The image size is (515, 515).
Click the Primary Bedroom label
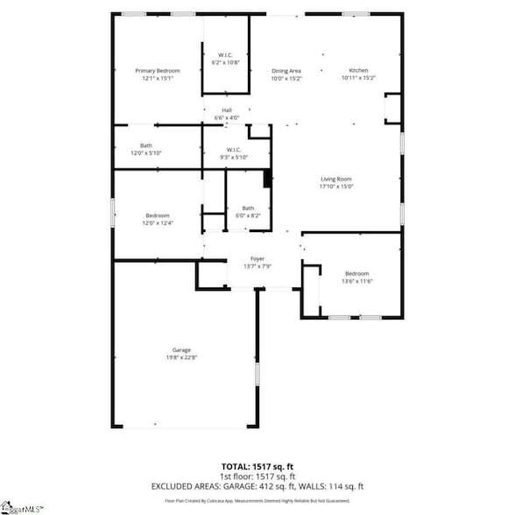coord(157,70)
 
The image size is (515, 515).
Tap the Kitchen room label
coord(359,70)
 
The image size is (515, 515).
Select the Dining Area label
coord(286,70)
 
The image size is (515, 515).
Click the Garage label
coord(181,349)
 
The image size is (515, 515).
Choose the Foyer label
coord(257,258)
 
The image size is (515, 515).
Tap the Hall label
coord(227,109)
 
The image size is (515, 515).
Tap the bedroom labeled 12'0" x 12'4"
coord(158,215)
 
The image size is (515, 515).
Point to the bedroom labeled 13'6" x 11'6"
coord(357,273)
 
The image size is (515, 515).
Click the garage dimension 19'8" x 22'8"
coord(181,357)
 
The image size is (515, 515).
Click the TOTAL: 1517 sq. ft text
coord(257,466)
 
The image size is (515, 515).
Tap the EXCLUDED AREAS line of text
coord(257,485)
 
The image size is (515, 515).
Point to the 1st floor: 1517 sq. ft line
coord(257,476)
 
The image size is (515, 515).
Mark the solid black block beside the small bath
coord(268,179)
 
